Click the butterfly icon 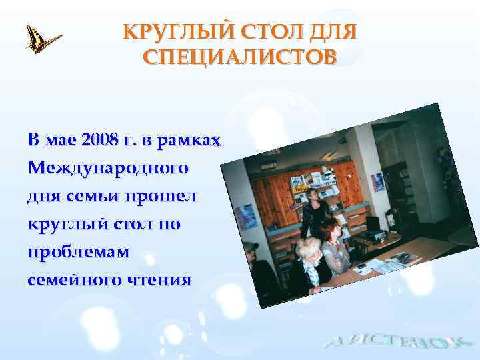(x=42, y=39)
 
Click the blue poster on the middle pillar (x=377, y=181)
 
